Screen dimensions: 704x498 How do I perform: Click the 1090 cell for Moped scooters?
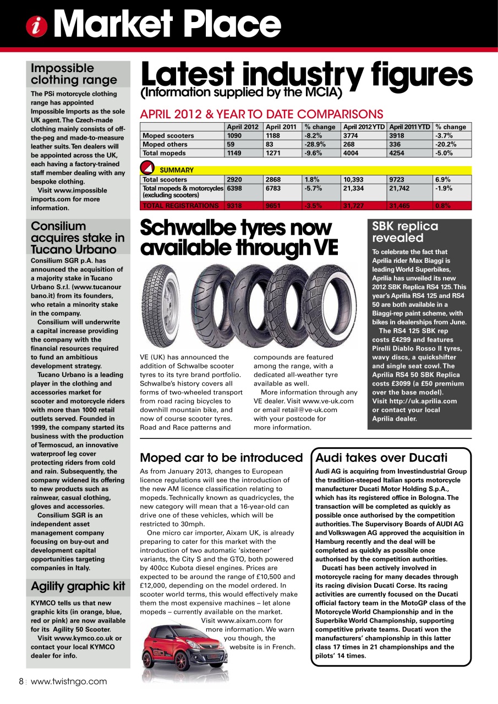pos(235,135)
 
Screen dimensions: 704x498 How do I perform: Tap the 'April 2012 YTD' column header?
pos(364,127)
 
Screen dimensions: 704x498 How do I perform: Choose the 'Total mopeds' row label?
pos(164,153)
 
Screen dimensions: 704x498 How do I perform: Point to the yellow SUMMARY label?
pos(176,170)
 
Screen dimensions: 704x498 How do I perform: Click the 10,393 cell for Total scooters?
pos(353,179)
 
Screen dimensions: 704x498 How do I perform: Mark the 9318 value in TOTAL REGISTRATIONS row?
pos(235,206)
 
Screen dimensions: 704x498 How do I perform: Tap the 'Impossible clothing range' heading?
pos(74,74)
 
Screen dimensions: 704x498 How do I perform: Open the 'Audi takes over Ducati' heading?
pos(381,458)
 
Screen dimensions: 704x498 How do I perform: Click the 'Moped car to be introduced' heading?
pos(222,458)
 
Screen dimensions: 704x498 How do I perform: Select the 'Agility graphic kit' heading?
pos(78,586)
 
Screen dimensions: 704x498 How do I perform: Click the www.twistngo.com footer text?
pos(69,681)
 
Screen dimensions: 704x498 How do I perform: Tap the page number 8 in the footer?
pos(21,681)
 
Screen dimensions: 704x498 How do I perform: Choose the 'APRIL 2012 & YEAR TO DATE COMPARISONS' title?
pos(261,114)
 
